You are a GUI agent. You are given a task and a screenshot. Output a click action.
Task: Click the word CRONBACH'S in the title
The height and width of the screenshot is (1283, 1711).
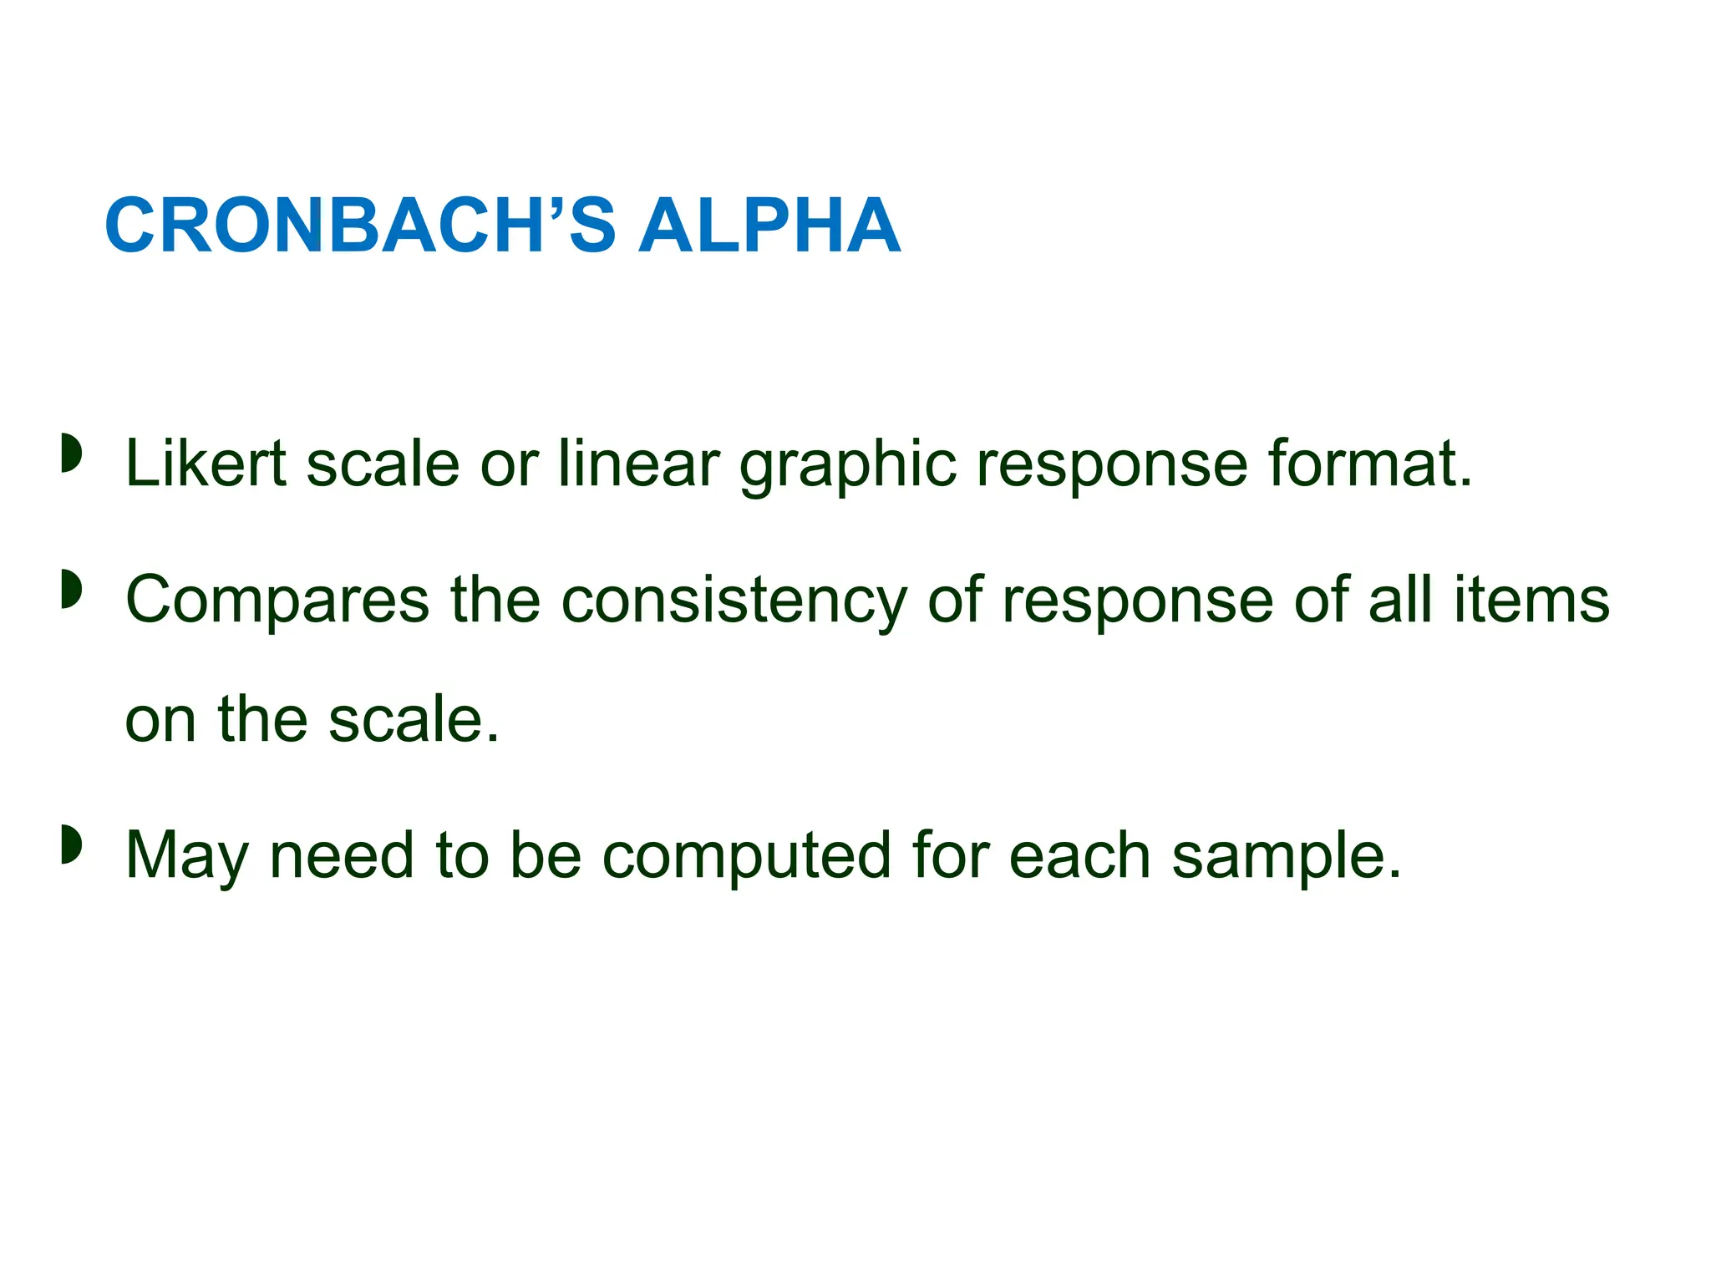point(359,226)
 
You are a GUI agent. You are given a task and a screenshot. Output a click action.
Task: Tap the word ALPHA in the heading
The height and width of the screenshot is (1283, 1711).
point(769,226)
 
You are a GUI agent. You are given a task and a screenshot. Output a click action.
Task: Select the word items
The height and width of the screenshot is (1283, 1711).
point(1531,600)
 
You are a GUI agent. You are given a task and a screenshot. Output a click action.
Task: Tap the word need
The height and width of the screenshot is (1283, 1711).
point(342,855)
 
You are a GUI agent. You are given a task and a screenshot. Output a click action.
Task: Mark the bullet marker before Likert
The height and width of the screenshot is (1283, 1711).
point(72,454)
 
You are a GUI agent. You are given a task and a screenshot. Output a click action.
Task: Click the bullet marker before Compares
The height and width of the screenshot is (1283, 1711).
point(72,590)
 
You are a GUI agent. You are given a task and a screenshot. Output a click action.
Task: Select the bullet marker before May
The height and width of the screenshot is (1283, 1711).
point(72,844)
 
